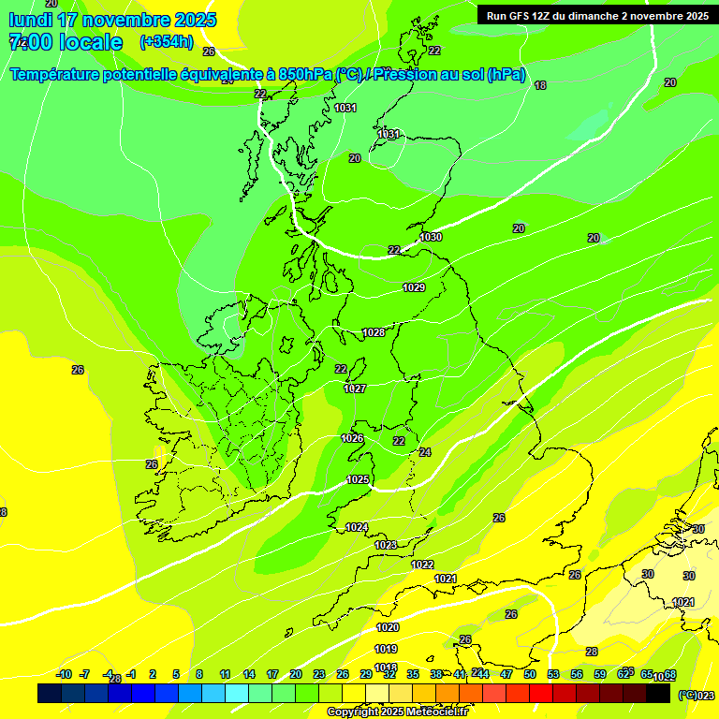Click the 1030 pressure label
[x=431, y=237]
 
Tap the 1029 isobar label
[x=414, y=287]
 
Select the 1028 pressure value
[x=374, y=332]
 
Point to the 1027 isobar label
[x=355, y=389]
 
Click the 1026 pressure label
[x=352, y=438]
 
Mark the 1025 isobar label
[x=358, y=479]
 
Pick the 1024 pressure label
[x=357, y=527]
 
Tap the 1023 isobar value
[x=386, y=545]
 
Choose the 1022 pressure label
[x=422, y=565]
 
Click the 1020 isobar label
[x=388, y=627]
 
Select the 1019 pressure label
[x=386, y=649]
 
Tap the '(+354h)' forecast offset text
[x=166, y=41]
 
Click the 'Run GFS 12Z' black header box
[x=596, y=15]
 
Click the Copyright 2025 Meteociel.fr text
[x=397, y=712]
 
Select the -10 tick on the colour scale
[x=64, y=674]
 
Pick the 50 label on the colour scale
[x=530, y=674]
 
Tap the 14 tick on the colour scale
[x=249, y=674]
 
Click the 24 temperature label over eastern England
[x=425, y=452]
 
